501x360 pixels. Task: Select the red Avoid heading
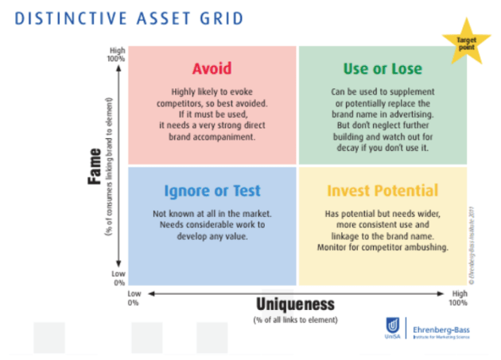[212, 68]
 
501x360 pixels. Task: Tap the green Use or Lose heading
[383, 68]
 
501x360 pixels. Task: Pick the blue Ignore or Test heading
[212, 191]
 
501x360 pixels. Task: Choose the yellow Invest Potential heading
[383, 191]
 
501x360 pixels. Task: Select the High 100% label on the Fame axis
[117, 55]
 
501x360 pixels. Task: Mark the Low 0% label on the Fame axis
[118, 278]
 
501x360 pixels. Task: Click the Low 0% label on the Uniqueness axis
[134, 298]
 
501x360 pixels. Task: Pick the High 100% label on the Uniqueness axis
[458, 298]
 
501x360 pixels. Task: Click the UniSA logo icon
[392, 327]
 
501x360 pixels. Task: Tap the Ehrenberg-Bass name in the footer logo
[440, 325]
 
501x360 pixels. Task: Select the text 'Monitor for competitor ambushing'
[383, 247]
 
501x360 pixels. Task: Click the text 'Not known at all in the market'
[212, 214]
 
